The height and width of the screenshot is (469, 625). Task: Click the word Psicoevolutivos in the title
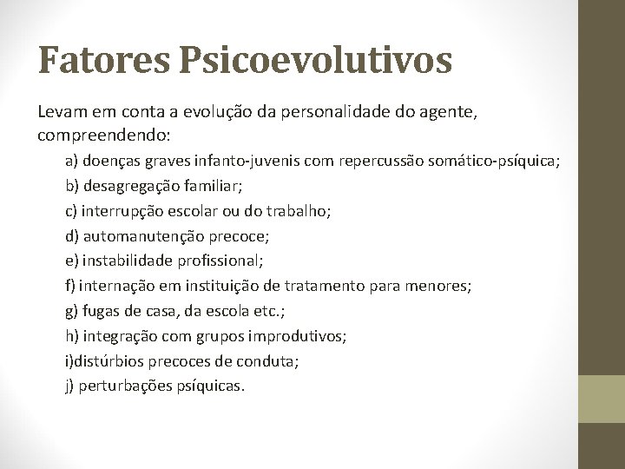[x=316, y=61]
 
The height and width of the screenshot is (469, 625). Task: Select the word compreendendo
[x=104, y=136]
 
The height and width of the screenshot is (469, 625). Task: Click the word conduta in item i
[x=273, y=360]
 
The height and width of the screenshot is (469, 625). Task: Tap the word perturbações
[x=125, y=385]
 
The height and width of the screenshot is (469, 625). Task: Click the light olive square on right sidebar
[x=602, y=399]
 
